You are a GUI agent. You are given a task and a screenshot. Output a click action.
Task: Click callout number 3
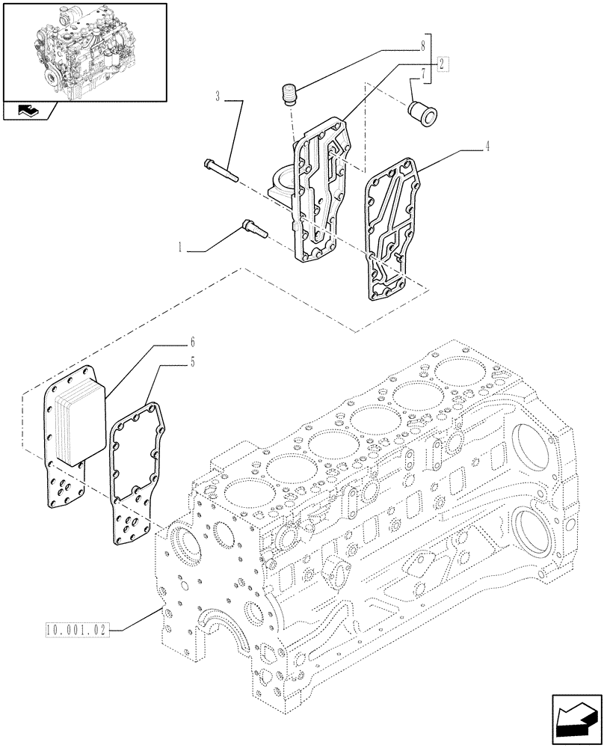point(218,96)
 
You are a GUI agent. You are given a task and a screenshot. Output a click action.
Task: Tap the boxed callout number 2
point(443,63)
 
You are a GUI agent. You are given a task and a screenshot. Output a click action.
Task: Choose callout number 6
point(192,343)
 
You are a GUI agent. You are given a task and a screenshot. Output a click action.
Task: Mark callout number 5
point(192,363)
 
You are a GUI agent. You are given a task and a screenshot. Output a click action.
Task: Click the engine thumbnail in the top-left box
point(84,51)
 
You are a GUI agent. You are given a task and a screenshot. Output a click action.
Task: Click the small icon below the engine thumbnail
point(29,111)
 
